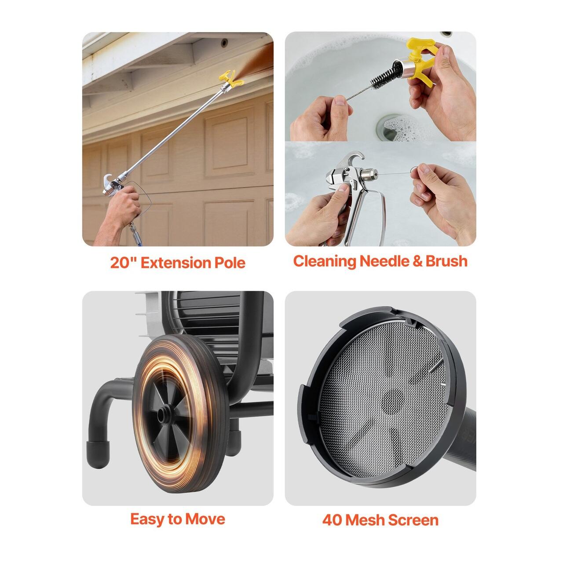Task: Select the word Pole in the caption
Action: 230,263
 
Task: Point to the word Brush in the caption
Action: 446,261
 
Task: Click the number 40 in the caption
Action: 333,520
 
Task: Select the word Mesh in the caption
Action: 365,520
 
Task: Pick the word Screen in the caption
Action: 413,520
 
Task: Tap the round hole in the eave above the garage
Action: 224,43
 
